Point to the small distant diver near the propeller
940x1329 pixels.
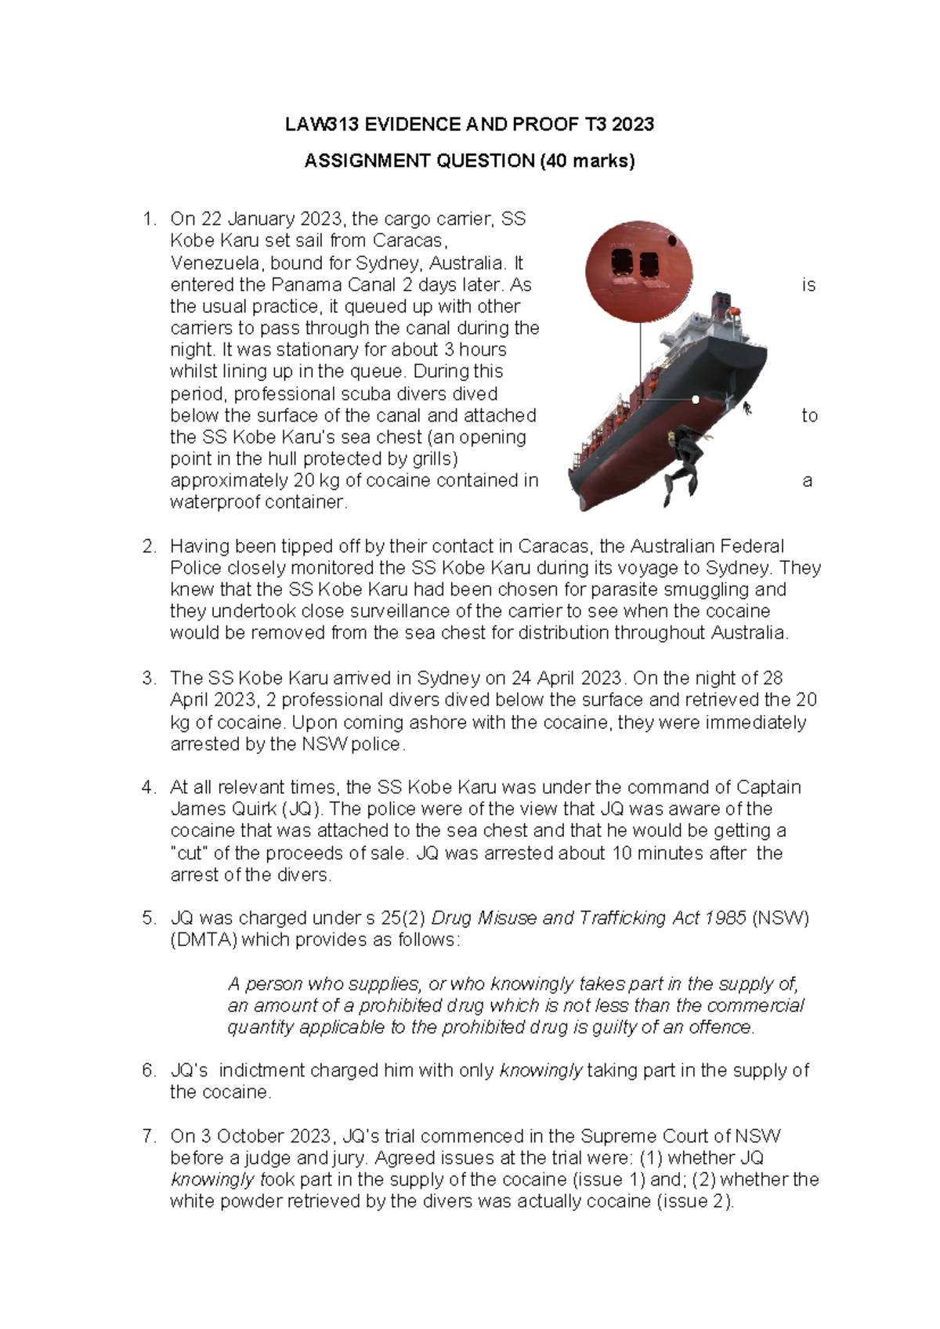coord(747,408)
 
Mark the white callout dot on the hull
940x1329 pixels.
coord(696,400)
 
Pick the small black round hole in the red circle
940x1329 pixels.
coord(671,240)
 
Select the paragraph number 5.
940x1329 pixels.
coord(149,918)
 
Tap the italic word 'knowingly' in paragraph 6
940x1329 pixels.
coord(540,1070)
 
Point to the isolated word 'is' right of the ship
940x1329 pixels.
coord(808,285)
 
